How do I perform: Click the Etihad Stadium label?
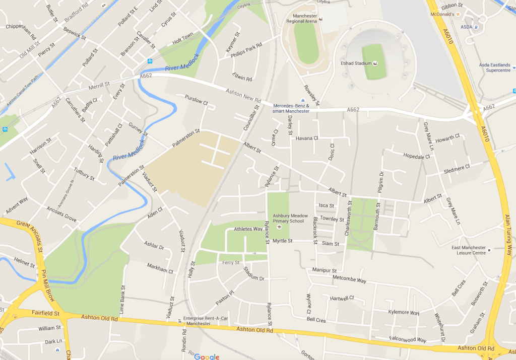point(355,63)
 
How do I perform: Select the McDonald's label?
point(441,14)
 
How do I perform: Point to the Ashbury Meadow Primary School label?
point(289,218)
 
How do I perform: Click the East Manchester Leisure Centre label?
point(469,250)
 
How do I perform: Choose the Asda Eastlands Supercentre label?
point(493,67)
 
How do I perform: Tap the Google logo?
point(207,356)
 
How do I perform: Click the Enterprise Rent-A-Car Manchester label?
point(197,321)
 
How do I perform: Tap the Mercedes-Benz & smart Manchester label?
point(291,108)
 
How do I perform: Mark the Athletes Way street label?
point(248,229)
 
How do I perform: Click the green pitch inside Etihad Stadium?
point(373,61)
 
